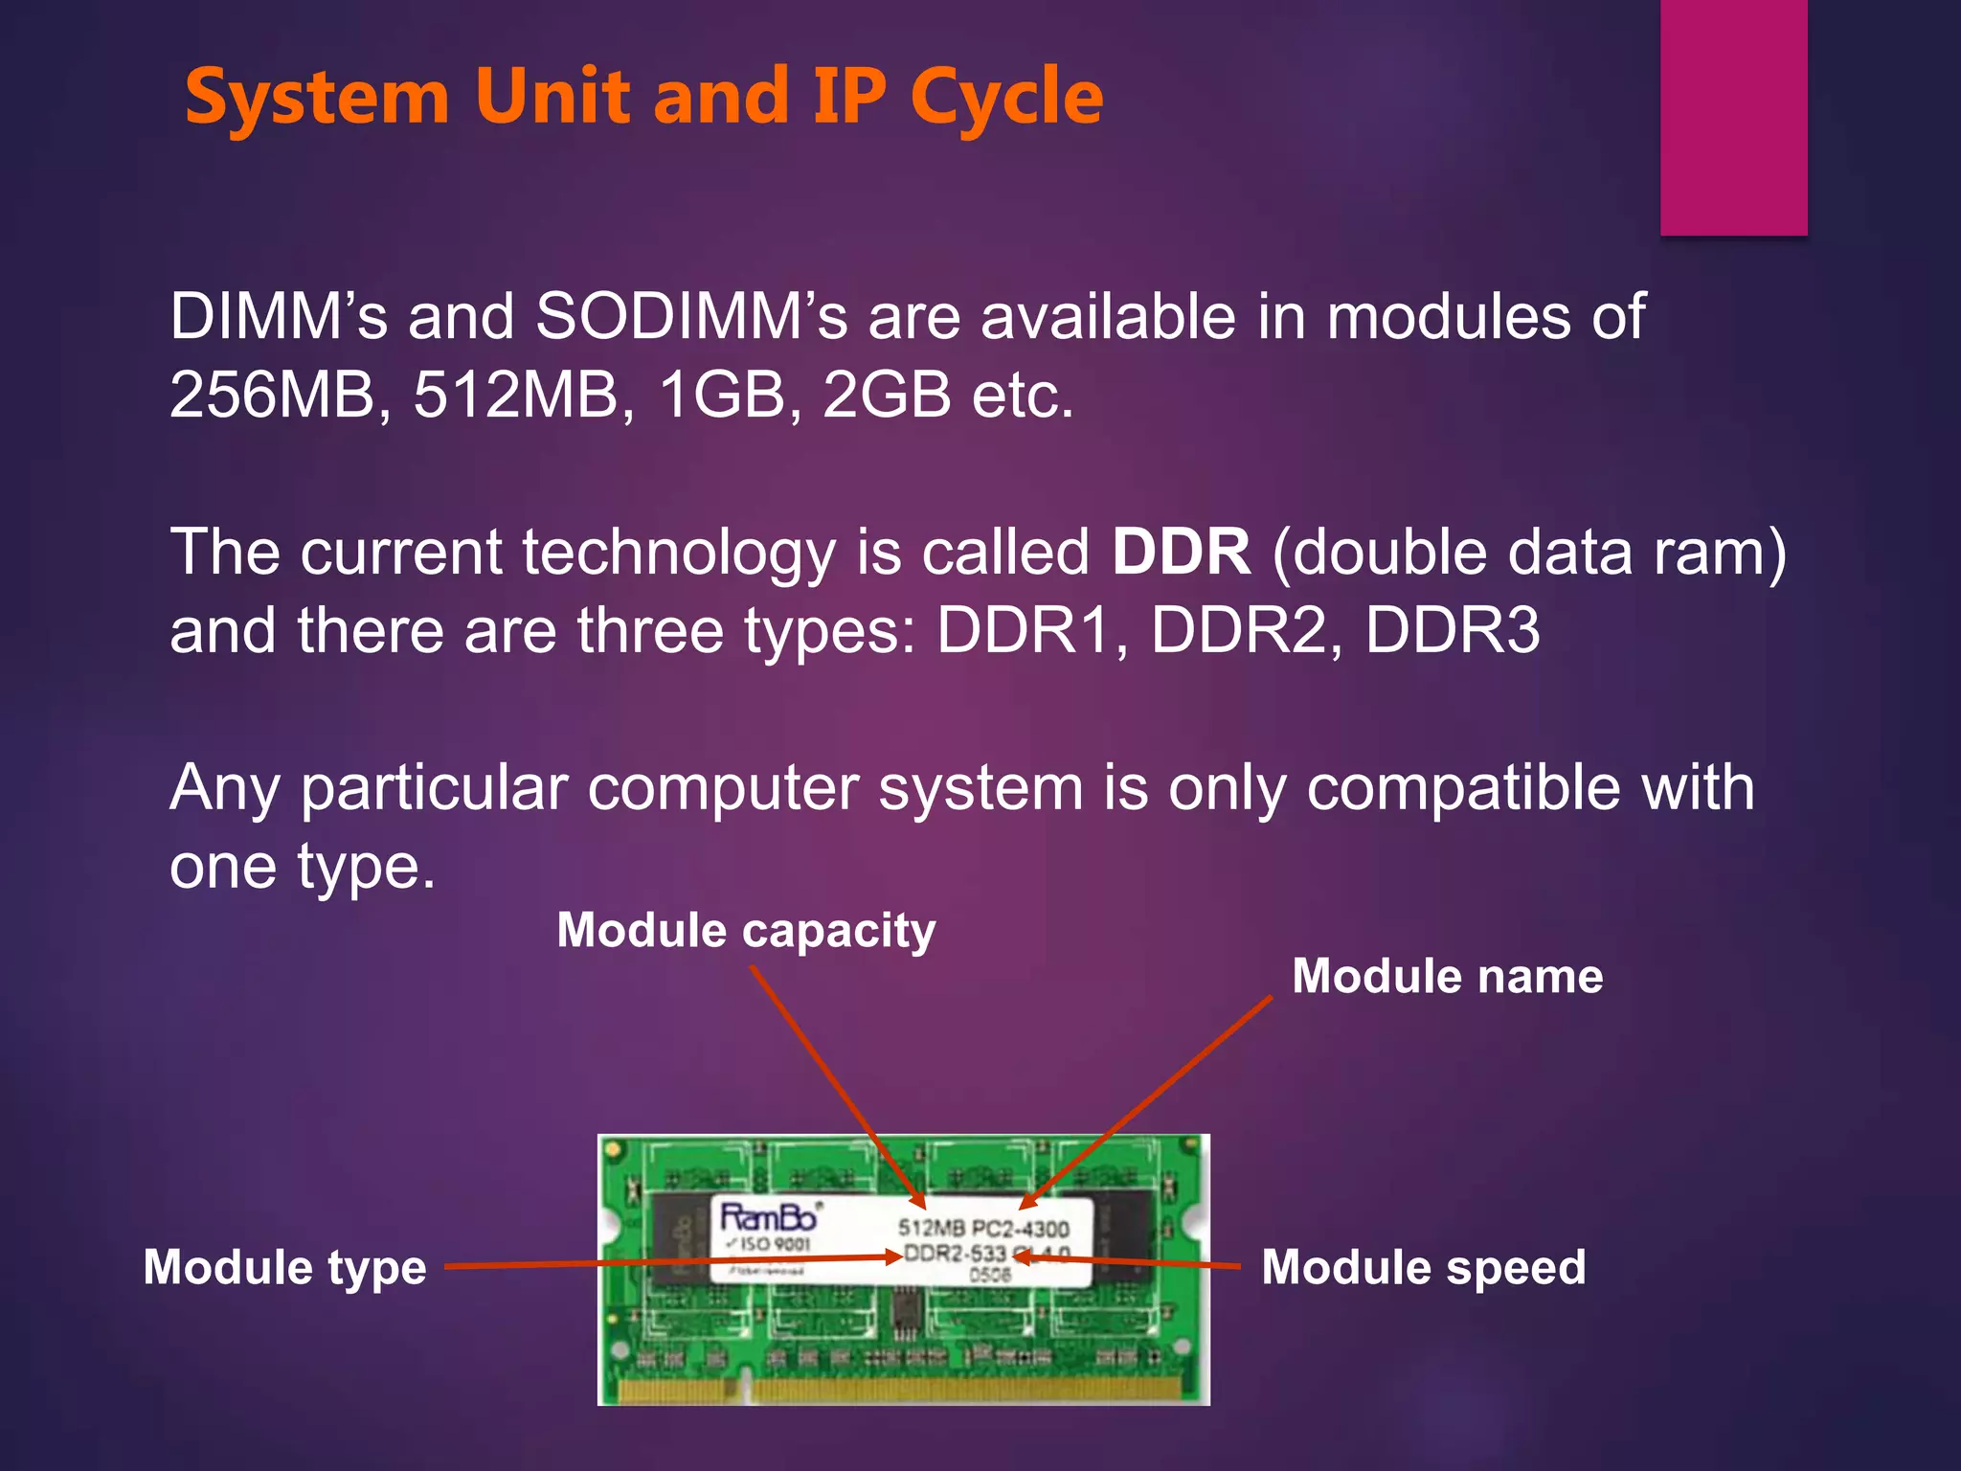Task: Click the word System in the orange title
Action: click(x=317, y=98)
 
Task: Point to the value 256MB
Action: click(x=272, y=395)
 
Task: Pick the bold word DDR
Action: click(x=1181, y=553)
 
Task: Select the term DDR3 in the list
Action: click(x=1452, y=631)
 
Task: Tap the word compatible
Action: click(x=1462, y=788)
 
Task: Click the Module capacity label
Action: click(x=747, y=931)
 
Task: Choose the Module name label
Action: click(x=1447, y=977)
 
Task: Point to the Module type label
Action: click(x=284, y=1268)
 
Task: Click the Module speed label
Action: click(x=1423, y=1268)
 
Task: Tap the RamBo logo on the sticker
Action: click(x=769, y=1217)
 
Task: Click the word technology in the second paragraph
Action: click(x=678, y=554)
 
